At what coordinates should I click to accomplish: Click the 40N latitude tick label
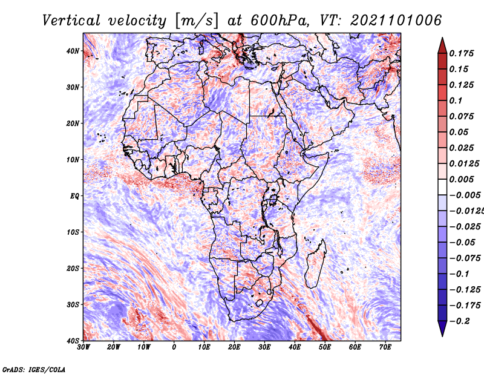(x=73, y=51)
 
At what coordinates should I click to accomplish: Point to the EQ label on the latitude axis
(x=74, y=196)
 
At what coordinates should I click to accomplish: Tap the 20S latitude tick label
(x=73, y=268)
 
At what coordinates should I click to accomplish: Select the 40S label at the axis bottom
(x=73, y=341)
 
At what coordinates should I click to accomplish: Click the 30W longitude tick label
(x=83, y=347)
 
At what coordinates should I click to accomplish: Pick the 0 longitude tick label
(x=174, y=347)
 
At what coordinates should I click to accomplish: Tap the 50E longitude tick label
(x=325, y=347)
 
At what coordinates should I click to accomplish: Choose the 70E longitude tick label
(x=385, y=347)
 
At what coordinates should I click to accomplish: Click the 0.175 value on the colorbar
(x=461, y=53)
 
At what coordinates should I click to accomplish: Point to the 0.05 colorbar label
(x=459, y=132)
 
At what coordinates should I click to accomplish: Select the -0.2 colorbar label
(x=459, y=321)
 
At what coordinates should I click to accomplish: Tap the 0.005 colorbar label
(x=461, y=179)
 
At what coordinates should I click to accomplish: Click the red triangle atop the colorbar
(x=442, y=47)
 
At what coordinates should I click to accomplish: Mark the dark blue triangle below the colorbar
(x=442, y=327)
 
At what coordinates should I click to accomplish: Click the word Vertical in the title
(x=71, y=21)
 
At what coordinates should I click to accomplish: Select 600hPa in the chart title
(x=280, y=21)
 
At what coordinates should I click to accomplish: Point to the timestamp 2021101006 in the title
(x=396, y=21)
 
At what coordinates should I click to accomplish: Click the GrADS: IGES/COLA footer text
(x=34, y=369)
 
